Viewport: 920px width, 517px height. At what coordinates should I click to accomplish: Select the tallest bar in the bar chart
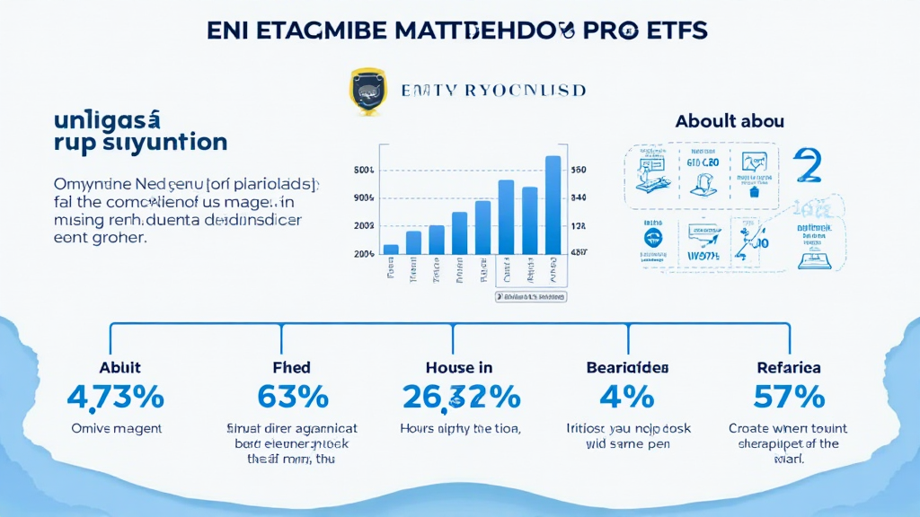pyautogui.click(x=553, y=206)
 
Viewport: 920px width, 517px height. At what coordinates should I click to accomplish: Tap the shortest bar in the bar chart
pyautogui.click(x=391, y=250)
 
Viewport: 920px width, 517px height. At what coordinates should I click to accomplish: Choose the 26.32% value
pyautogui.click(x=461, y=396)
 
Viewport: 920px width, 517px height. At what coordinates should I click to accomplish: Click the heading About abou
pyautogui.click(x=729, y=120)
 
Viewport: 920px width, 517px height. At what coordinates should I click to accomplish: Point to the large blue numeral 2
pyautogui.click(x=809, y=168)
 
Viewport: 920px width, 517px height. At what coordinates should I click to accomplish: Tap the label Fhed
pyautogui.click(x=291, y=367)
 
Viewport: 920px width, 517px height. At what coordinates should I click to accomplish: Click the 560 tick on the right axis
pyautogui.click(x=579, y=170)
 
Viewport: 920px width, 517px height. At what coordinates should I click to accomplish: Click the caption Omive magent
pyautogui.click(x=117, y=429)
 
